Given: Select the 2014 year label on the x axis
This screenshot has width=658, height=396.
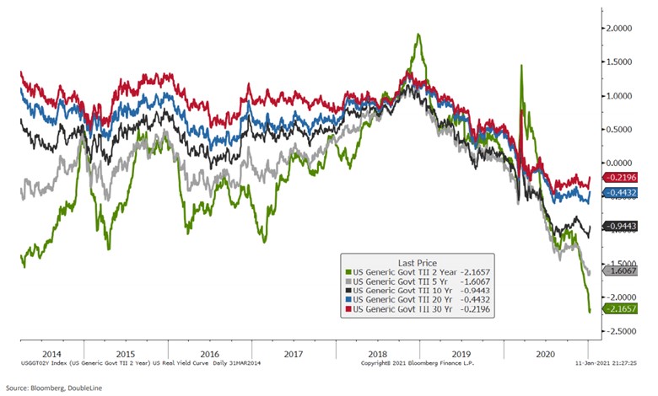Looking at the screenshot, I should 51,355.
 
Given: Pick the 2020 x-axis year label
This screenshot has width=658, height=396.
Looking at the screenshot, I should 547,355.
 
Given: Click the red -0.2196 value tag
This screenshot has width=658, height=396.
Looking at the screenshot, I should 620,178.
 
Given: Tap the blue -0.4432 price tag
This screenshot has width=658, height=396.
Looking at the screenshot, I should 620,194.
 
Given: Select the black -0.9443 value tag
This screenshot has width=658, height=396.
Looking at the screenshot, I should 620,227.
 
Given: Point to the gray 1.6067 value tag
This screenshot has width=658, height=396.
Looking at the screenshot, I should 620,271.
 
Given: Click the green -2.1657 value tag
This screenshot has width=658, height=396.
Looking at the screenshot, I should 620,309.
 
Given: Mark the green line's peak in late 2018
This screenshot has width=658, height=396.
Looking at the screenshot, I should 418,35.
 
